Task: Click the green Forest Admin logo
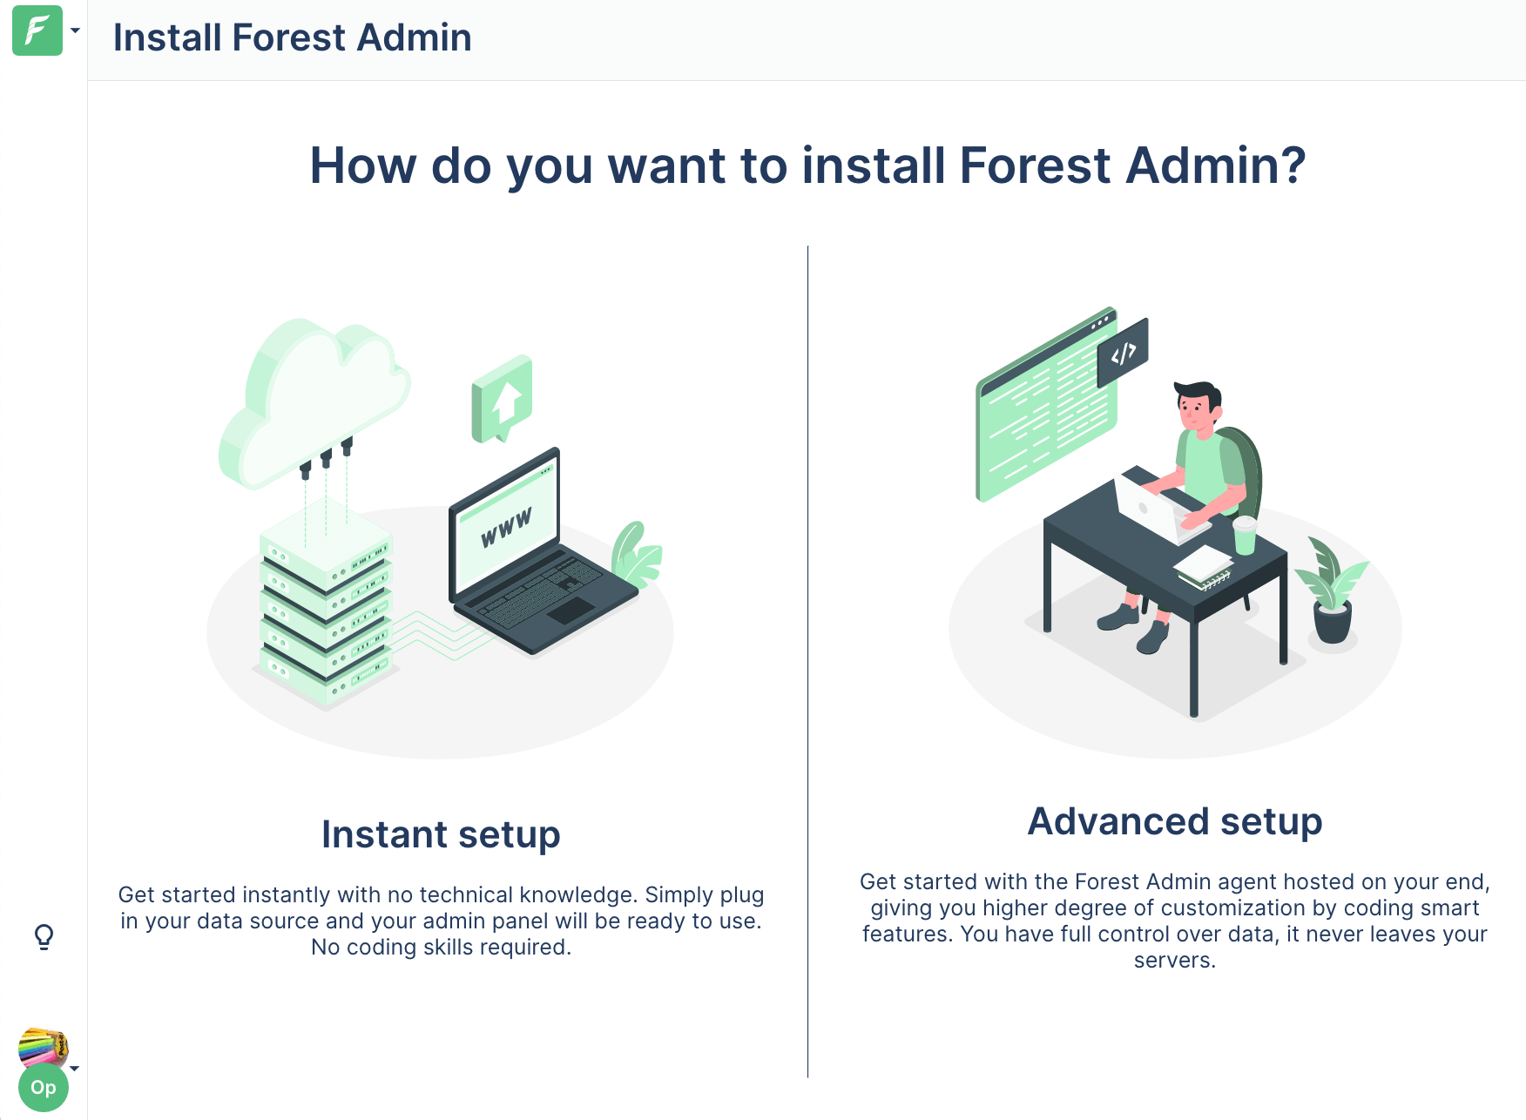click(37, 30)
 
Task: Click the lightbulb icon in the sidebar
click(44, 937)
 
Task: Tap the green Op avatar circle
click(44, 1087)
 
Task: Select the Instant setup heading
click(441, 834)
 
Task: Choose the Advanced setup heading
click(1175, 821)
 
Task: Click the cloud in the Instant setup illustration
click(314, 401)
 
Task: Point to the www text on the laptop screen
click(506, 528)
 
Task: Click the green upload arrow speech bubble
click(502, 398)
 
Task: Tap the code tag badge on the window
click(1123, 353)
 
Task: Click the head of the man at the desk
click(1197, 406)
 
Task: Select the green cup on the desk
click(1246, 536)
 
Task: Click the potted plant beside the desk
click(1332, 592)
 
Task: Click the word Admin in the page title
click(414, 37)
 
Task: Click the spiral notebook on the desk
click(1204, 568)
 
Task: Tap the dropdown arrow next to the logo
click(75, 30)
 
